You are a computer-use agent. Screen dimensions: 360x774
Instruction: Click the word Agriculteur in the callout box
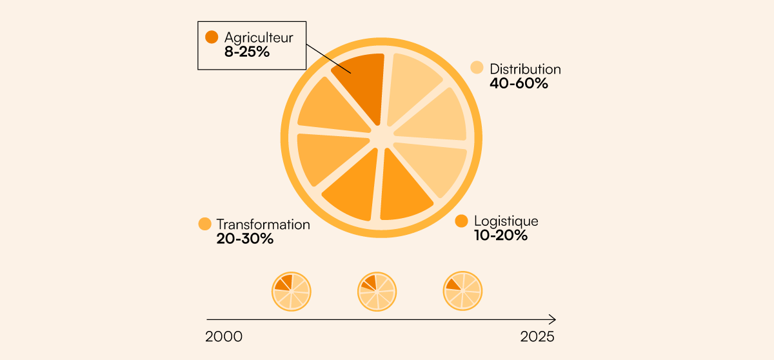point(259,37)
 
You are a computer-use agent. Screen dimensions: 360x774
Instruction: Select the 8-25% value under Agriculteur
point(247,52)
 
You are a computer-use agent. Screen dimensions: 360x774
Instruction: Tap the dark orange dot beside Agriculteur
point(212,37)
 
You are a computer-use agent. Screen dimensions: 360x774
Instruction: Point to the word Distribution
point(525,68)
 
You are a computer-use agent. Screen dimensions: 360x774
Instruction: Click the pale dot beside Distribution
point(477,67)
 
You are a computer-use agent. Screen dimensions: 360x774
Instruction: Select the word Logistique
point(506,221)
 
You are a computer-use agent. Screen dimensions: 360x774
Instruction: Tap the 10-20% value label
point(501,235)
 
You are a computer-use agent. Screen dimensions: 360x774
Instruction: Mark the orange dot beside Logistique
point(461,221)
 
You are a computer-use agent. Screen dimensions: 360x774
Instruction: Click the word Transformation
point(263,225)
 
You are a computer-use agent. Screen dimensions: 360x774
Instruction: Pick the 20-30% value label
point(245,239)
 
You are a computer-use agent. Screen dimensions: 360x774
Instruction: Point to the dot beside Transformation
point(205,224)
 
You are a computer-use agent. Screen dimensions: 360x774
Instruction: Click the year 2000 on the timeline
point(224,337)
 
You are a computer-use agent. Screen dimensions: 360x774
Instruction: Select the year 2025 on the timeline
point(537,337)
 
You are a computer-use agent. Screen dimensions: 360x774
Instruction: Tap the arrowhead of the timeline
point(553,319)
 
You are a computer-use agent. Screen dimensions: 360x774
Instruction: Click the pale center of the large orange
point(382,135)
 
